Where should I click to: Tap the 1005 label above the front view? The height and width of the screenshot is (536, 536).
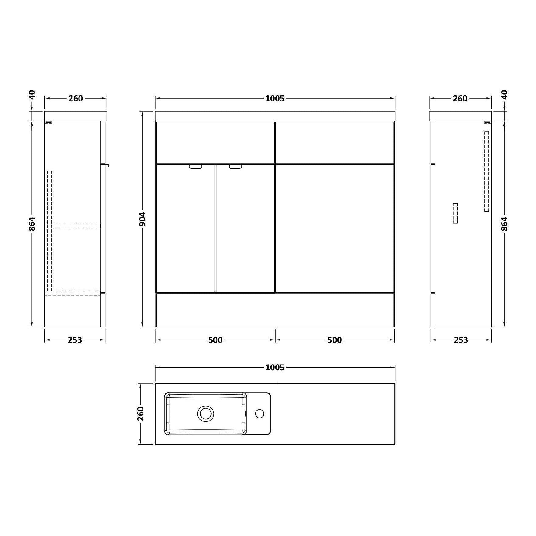[275, 98]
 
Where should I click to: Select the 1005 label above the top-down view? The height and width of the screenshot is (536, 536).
[275, 368]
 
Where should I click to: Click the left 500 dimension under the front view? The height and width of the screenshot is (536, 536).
[215, 340]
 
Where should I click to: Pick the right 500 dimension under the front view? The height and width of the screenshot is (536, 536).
[335, 340]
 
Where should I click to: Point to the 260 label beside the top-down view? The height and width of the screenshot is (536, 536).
[140, 414]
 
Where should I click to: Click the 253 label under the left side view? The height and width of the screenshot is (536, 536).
[75, 340]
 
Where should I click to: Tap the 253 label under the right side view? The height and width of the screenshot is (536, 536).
[461, 340]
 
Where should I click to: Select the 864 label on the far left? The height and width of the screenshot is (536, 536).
[32, 224]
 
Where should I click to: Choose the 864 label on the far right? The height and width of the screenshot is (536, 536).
[504, 224]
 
